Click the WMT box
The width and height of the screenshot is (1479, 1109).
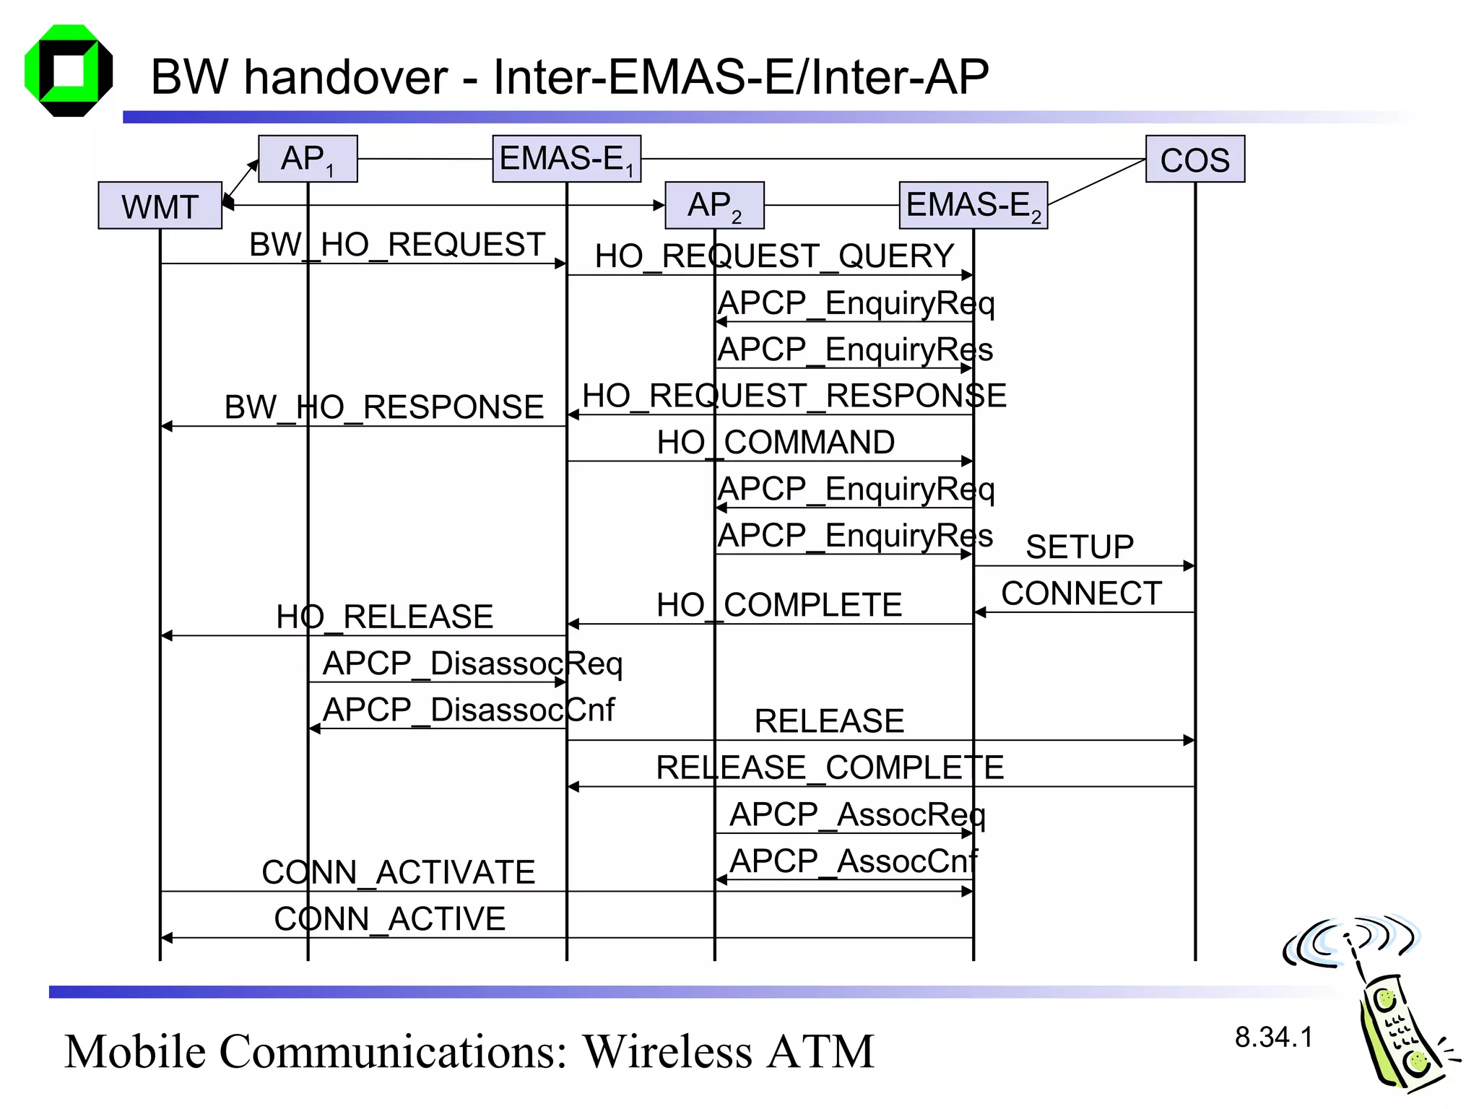tap(160, 206)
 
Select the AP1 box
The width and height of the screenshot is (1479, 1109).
tap(308, 159)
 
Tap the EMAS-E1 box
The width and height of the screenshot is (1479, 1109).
tap(566, 159)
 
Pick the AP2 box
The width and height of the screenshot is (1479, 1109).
tap(714, 205)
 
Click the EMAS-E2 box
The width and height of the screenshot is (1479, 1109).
tap(973, 205)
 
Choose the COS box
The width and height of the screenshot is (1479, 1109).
tap(1194, 160)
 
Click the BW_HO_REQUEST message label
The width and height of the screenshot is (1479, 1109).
tap(396, 245)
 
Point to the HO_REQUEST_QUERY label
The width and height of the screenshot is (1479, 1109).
tap(774, 256)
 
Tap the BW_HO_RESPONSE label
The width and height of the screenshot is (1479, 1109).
tap(383, 407)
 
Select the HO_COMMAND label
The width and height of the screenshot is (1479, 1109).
tap(776, 443)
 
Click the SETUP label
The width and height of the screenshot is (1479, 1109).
tap(1080, 547)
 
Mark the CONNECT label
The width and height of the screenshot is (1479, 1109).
tap(1081, 593)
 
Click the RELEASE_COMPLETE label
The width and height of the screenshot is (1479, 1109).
tap(829, 767)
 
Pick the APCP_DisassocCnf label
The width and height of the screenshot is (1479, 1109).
tap(468, 710)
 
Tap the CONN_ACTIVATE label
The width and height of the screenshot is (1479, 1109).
tap(398, 872)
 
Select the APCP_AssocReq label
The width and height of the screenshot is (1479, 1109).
tap(857, 815)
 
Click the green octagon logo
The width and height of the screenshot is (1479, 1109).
tap(69, 71)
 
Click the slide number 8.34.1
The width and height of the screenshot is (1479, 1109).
tap(1273, 1038)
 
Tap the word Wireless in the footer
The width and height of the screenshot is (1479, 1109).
tap(669, 1051)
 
